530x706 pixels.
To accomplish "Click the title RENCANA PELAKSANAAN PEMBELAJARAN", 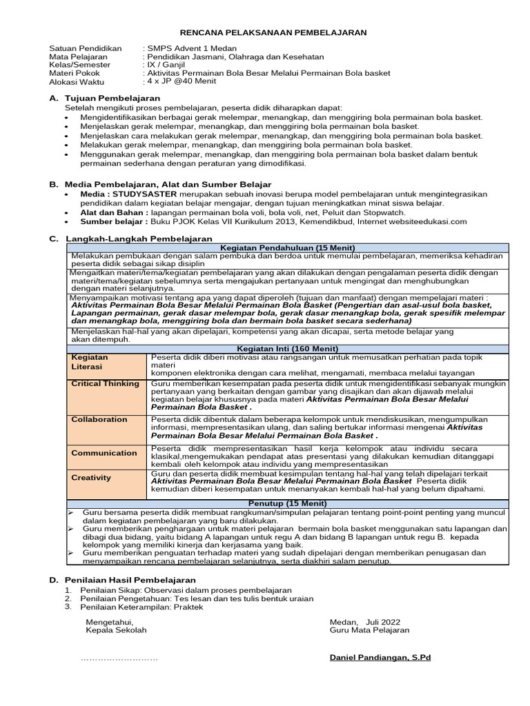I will [273, 32].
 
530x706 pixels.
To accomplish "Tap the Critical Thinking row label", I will [106, 383].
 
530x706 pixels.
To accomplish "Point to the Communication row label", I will [104, 453].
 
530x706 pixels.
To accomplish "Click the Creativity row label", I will [91, 477].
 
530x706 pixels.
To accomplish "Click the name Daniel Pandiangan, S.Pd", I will [380, 658].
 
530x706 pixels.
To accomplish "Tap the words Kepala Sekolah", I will [115, 629].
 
